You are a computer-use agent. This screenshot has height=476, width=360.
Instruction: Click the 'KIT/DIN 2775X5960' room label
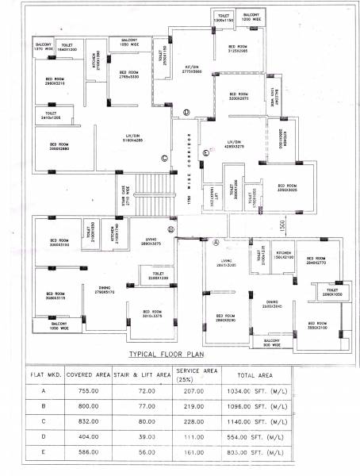pos(193,70)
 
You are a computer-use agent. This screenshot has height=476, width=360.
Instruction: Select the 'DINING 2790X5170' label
pos(105,290)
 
